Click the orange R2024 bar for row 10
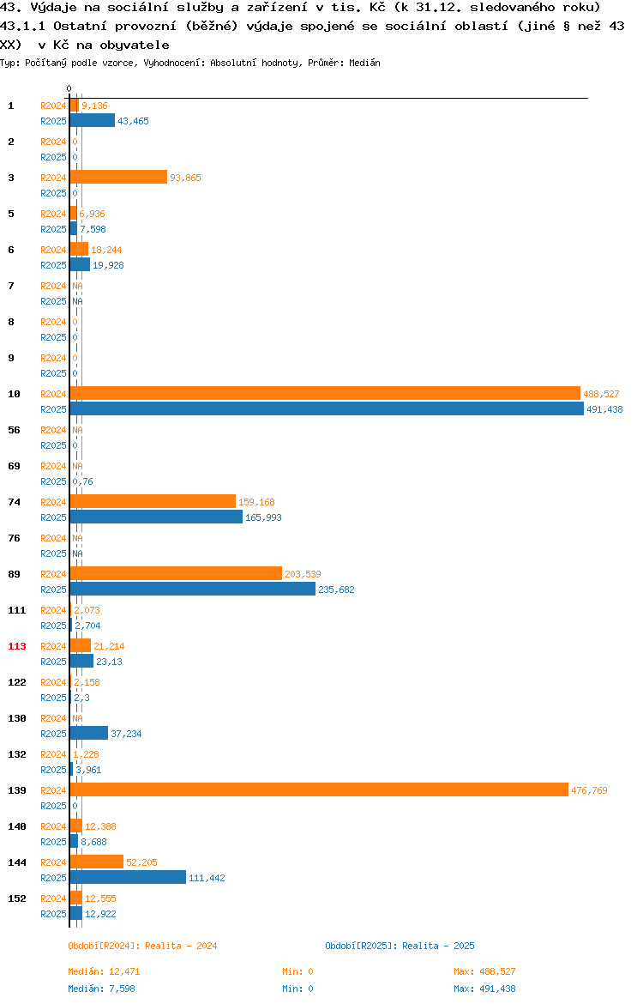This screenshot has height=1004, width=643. (x=325, y=394)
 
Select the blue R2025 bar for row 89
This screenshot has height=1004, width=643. (x=193, y=589)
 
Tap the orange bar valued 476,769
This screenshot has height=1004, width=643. (x=319, y=790)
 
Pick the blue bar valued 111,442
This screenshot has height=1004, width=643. (x=128, y=878)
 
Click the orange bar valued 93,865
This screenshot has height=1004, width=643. (x=118, y=178)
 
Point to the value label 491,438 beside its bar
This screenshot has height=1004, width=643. (x=604, y=410)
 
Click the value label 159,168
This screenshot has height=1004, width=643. (x=256, y=503)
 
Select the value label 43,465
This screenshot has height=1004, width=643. (x=133, y=121)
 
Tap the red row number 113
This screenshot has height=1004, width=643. (x=17, y=646)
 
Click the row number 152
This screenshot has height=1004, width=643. (x=17, y=898)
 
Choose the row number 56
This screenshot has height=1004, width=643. (x=14, y=430)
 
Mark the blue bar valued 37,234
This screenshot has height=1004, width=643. (x=89, y=733)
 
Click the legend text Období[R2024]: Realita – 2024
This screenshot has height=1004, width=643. (x=142, y=946)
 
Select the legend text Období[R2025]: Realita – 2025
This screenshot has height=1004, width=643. (x=400, y=946)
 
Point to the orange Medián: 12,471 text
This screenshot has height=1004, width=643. (x=105, y=971)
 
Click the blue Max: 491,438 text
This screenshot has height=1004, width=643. (x=484, y=989)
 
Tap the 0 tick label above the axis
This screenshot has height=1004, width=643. (x=69, y=89)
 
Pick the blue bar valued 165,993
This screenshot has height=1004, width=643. (x=156, y=517)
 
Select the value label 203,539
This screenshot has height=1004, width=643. (x=303, y=574)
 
